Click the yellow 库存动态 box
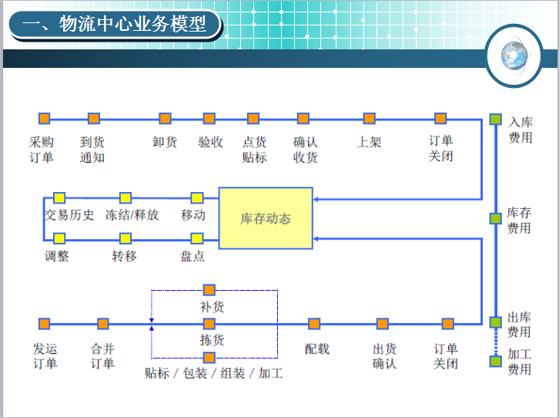point(266,218)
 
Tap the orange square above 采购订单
point(44,118)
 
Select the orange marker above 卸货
point(165,118)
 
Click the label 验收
point(211,142)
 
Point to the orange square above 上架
point(370,118)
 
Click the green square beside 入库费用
point(496,120)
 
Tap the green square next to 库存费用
point(496,218)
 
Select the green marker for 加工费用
point(496,361)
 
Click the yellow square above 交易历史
point(59,197)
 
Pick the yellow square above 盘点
point(197,238)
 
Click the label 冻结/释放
point(132,215)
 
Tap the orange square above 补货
point(209,290)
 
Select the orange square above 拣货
point(209,324)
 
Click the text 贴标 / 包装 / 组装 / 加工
point(214,373)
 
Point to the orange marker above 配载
point(314,324)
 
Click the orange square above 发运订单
point(44,324)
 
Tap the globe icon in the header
point(514,56)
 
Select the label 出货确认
point(385,356)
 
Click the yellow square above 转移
point(126,238)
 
